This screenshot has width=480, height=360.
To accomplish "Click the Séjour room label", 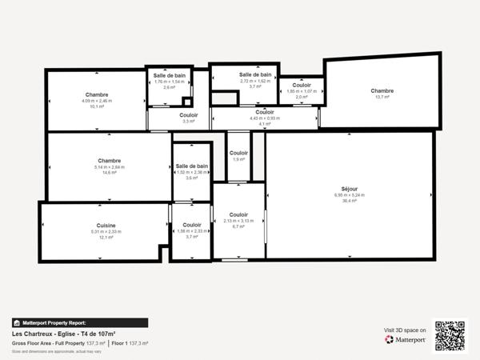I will (x=350, y=188).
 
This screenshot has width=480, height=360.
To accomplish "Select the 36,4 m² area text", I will (x=350, y=200).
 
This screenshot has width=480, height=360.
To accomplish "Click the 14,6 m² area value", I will (x=109, y=172).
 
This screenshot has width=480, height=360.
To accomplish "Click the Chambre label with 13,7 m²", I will (x=382, y=90).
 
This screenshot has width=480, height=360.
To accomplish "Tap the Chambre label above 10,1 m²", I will (x=97, y=94).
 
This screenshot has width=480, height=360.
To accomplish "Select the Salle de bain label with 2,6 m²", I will (x=169, y=75).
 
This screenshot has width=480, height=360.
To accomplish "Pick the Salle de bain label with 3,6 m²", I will (x=192, y=166).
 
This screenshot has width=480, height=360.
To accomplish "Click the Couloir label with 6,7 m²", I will (x=238, y=214).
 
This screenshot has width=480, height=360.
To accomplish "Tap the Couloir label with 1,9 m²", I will (x=238, y=153).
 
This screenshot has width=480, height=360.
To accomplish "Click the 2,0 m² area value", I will (x=302, y=97).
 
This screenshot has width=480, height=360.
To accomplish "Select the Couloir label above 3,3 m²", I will (x=189, y=115).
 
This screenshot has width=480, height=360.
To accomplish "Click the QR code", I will (x=450, y=334).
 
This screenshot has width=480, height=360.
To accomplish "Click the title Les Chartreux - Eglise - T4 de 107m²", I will (x=64, y=334).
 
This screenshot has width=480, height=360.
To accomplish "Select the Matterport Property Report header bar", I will (x=79, y=322).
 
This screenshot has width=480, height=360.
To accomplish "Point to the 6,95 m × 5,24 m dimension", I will (x=350, y=194).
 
